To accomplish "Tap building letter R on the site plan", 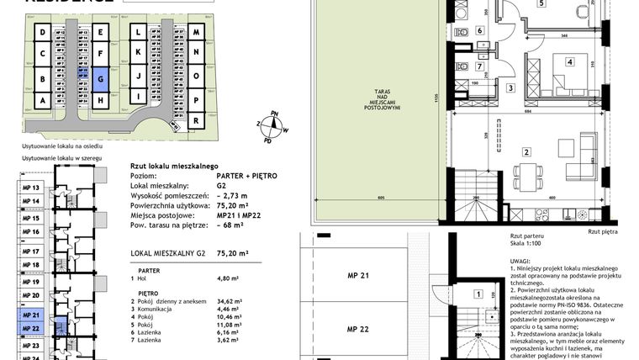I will click(x=196, y=121).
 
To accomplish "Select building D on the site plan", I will click(x=41, y=33).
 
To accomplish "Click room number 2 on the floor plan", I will click(x=526, y=152).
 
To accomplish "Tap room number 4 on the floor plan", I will click(x=569, y=61).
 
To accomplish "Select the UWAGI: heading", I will click(x=520, y=262).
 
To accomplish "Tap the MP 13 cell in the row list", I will click(x=31, y=188).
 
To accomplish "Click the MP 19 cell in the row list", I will click(x=31, y=282).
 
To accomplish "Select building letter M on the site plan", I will click(x=196, y=33).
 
